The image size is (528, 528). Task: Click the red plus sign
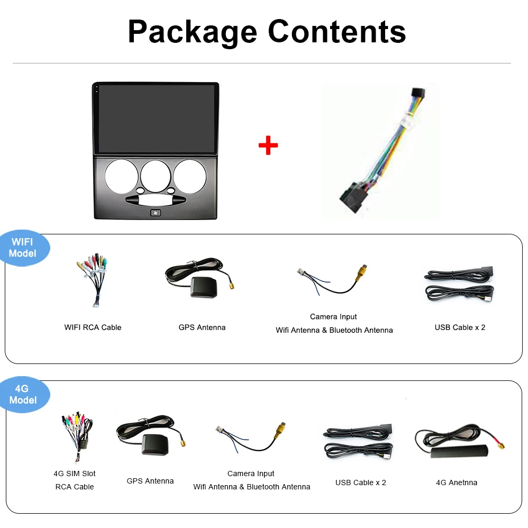click(268, 145)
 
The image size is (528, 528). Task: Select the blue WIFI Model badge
click(23, 248)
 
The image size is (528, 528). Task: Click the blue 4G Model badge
click(23, 395)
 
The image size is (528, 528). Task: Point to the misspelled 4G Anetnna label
click(457, 483)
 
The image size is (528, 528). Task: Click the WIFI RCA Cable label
click(93, 327)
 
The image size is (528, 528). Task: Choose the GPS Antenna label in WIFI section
click(202, 327)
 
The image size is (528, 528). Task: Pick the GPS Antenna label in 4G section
click(150, 481)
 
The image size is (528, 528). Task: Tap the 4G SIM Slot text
click(75, 474)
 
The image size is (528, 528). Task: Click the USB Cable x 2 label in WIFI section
click(460, 327)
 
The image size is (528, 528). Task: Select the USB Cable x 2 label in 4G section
click(361, 483)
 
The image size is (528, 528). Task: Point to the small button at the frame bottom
click(156, 213)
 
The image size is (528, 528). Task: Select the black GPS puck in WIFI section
click(204, 286)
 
